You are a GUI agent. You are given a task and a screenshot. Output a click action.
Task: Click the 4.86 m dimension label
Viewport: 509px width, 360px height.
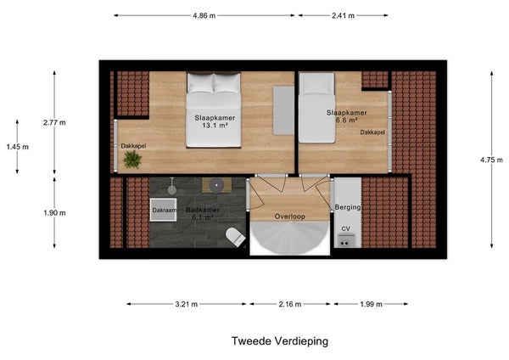pos(204,15)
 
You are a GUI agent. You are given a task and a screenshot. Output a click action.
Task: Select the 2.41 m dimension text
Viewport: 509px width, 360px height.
pos(343,15)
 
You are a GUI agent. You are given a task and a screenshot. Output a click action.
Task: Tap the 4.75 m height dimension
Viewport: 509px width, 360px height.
pos(491,160)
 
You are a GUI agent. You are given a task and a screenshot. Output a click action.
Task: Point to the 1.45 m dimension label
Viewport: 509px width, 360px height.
pos(18,147)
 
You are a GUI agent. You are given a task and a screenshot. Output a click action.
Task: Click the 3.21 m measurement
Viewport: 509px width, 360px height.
pos(187,304)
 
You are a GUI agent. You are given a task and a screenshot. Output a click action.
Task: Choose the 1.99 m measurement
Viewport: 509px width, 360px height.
pos(371,304)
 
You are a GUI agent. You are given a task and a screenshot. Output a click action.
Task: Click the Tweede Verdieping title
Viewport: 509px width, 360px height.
pos(280,341)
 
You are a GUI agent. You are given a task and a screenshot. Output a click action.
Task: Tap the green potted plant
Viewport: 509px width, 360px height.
pos(132,160)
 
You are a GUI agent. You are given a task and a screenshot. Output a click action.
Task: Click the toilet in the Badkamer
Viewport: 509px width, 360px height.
pos(235,236)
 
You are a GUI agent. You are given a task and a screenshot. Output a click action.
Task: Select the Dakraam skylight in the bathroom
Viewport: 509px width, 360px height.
pos(163,210)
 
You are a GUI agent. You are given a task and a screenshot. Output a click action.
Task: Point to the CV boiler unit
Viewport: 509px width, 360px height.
pos(344,241)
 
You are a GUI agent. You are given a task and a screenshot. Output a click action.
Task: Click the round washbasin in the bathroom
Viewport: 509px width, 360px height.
pos(216,186)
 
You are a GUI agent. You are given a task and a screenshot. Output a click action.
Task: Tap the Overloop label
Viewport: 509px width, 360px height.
pos(290,217)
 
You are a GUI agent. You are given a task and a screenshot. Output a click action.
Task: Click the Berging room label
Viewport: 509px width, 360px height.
pos(348,207)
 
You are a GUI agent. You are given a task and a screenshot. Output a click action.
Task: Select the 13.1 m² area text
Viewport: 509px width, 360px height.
pos(215,126)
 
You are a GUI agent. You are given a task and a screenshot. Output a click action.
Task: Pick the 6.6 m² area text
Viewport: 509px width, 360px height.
pos(347,120)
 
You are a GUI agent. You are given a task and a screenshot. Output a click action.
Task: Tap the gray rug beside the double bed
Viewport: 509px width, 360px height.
pos(283,110)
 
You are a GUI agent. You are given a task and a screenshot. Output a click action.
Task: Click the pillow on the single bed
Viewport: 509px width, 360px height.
pos(316,84)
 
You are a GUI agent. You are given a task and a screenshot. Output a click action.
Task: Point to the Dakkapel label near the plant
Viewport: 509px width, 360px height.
pos(133,146)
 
